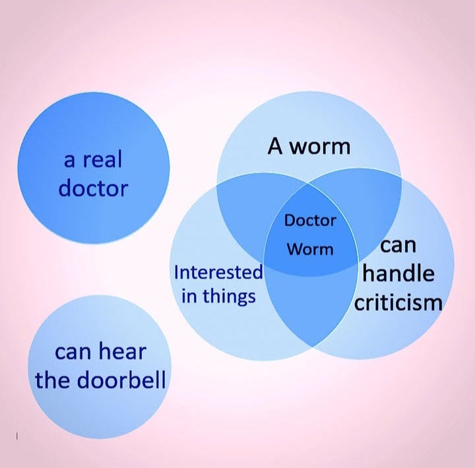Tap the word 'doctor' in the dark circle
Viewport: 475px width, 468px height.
(93, 188)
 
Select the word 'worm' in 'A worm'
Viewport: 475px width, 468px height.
(319, 146)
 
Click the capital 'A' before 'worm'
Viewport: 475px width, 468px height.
(275, 146)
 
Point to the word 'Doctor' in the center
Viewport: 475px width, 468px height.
(310, 220)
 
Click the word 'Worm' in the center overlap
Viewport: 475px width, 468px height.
(310, 250)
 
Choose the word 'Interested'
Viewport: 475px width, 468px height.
(218, 272)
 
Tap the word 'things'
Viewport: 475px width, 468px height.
(229, 295)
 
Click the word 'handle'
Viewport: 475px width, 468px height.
(398, 273)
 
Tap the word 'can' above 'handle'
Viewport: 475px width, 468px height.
(398, 245)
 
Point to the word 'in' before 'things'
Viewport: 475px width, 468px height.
(189, 295)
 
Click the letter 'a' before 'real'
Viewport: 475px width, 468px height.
(69, 159)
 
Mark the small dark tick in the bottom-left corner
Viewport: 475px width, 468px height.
(16, 436)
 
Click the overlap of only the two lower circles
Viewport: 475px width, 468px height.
(310, 311)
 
